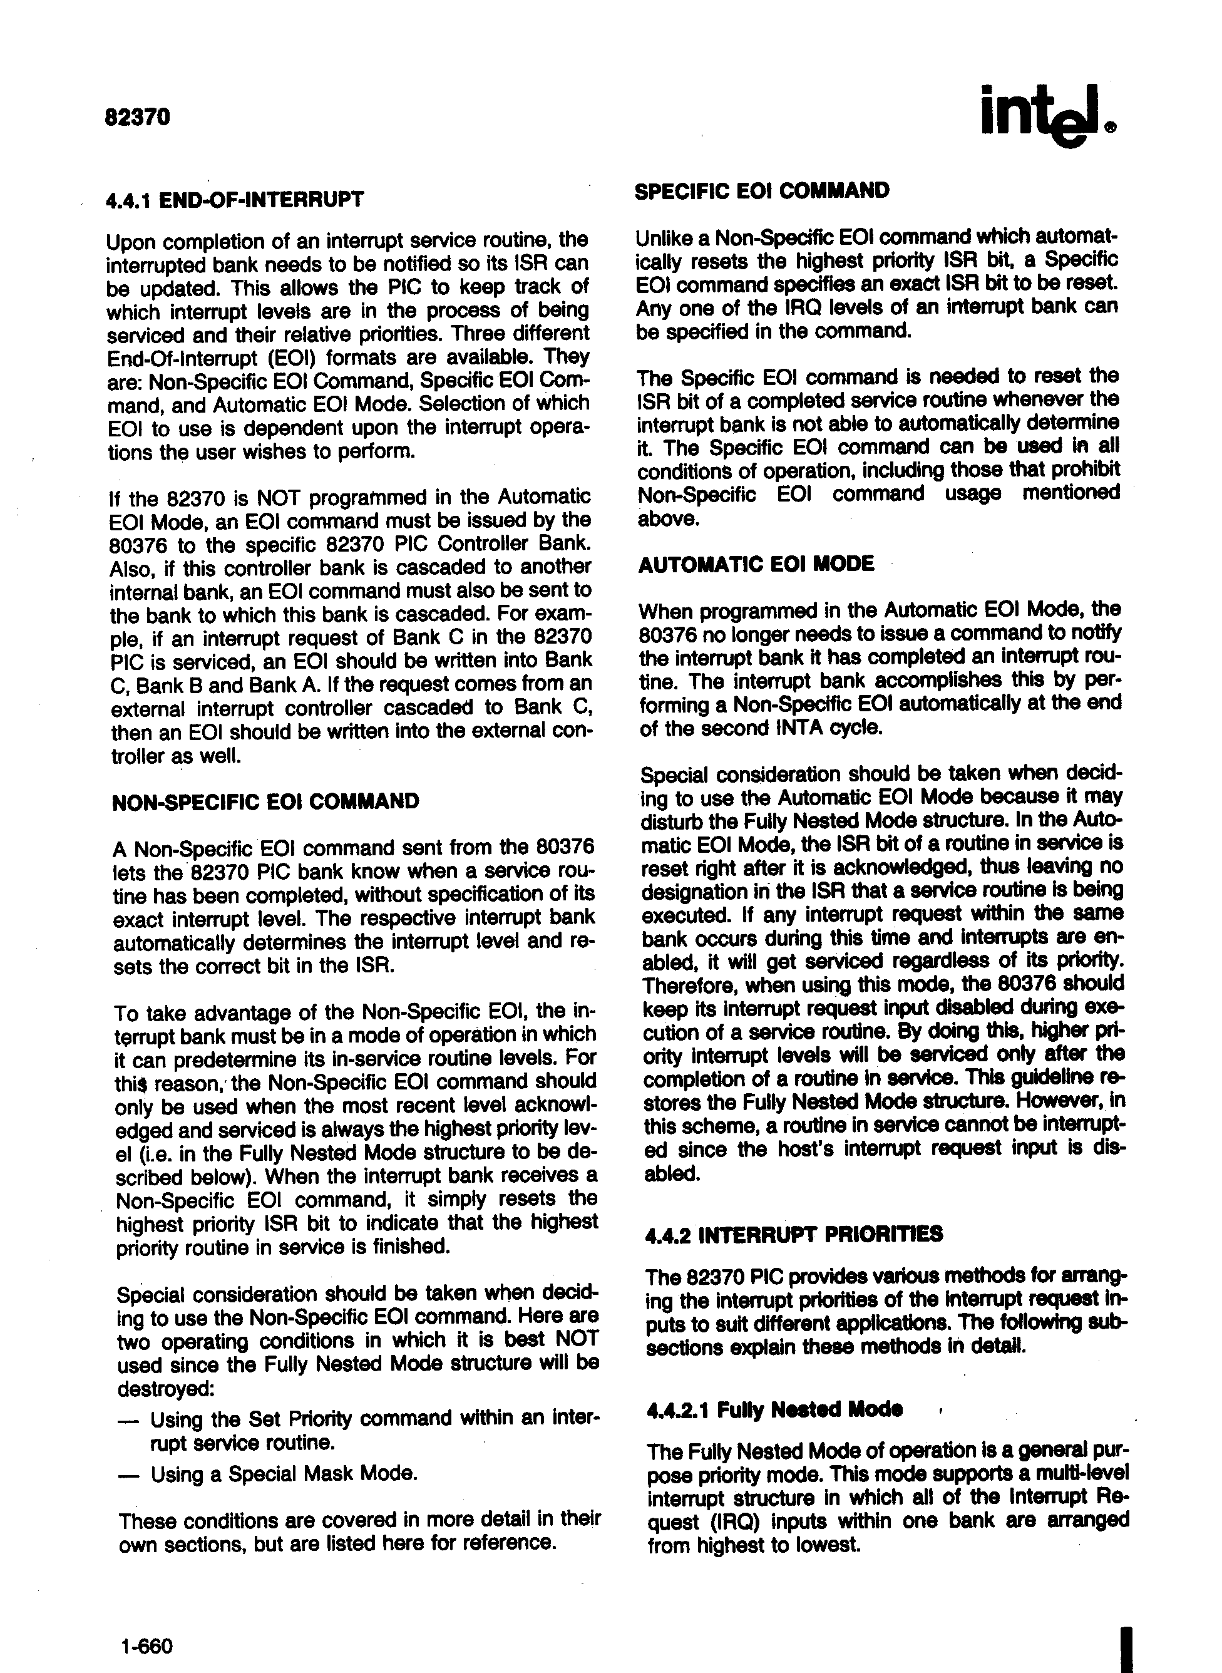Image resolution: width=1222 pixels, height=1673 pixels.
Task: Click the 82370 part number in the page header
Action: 138,118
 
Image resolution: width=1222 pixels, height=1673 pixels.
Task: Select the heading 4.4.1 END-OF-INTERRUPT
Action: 235,199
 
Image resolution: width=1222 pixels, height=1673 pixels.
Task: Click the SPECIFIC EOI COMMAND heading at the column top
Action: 762,191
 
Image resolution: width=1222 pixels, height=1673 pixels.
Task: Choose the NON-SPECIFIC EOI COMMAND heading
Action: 265,801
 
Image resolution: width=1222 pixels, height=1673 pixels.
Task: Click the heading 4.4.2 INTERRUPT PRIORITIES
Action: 794,1235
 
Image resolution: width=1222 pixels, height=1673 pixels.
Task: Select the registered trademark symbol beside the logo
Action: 1111,127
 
